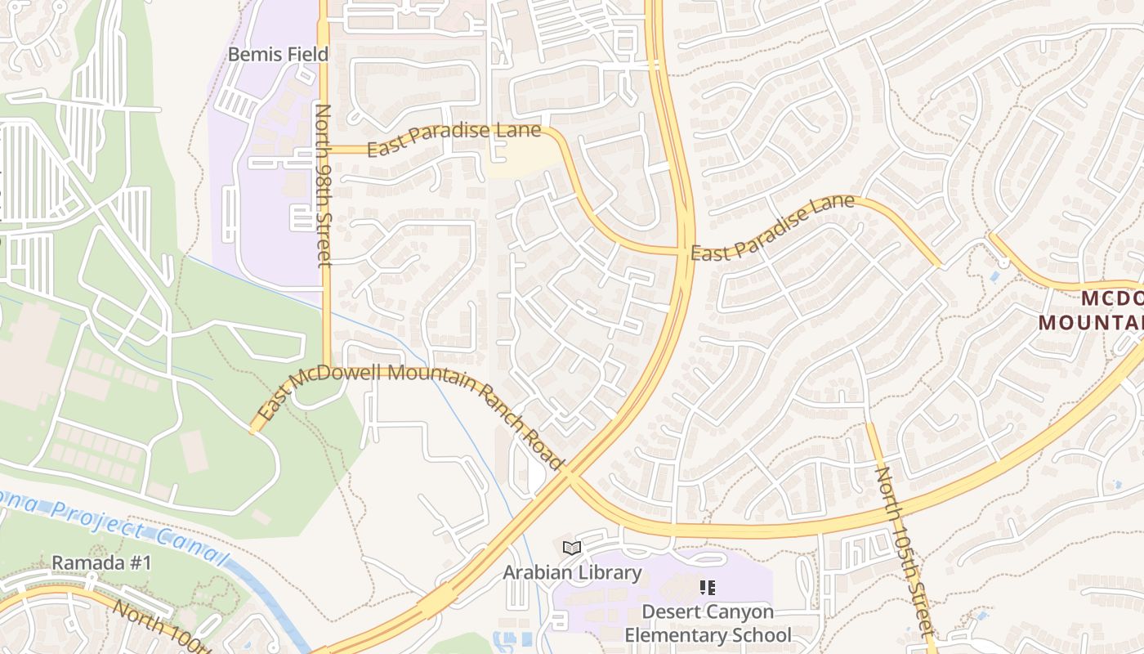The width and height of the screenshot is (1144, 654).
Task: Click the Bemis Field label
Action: pyautogui.click(x=278, y=55)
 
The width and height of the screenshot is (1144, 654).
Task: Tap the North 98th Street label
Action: pyautogui.click(x=324, y=185)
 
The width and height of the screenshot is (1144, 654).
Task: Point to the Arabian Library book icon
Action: pyautogui.click(x=572, y=548)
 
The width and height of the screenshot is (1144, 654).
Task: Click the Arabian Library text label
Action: pyautogui.click(x=572, y=572)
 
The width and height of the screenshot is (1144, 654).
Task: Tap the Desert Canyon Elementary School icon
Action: pyautogui.click(x=708, y=587)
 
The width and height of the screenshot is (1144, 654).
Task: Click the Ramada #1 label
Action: pyautogui.click(x=102, y=563)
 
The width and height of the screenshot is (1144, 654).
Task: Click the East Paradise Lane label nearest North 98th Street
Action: pyautogui.click(x=454, y=139)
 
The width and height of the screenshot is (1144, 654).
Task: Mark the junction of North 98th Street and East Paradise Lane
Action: pyautogui.click(x=324, y=150)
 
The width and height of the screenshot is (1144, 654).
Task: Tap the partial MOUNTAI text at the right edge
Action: pyautogui.click(x=1091, y=321)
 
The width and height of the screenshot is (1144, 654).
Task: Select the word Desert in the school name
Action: pyautogui.click(x=670, y=611)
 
